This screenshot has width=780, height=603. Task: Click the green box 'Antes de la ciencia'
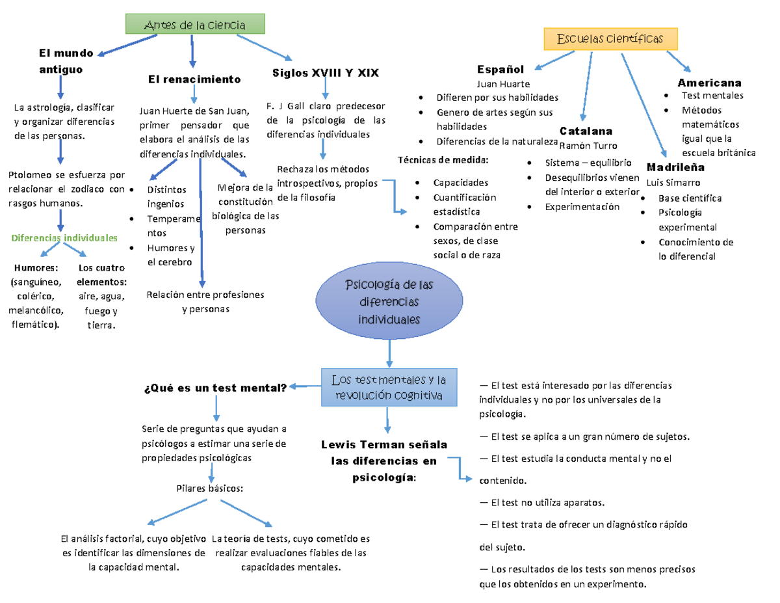pos(195,25)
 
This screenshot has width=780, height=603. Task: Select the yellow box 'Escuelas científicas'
pos(610,39)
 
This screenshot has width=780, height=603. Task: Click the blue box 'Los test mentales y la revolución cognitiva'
pos(389,388)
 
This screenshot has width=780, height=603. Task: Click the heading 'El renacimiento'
pos(194,79)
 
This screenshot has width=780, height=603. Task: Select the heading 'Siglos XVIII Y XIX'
pos(326,73)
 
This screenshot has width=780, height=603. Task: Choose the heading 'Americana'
pos(709,83)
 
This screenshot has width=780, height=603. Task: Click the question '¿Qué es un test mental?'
pos(214,388)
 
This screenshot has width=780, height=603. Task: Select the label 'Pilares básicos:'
pos(210,487)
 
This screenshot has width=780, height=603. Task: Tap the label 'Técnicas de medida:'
pos(441,160)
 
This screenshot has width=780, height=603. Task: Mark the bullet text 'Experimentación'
pos(582,207)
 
